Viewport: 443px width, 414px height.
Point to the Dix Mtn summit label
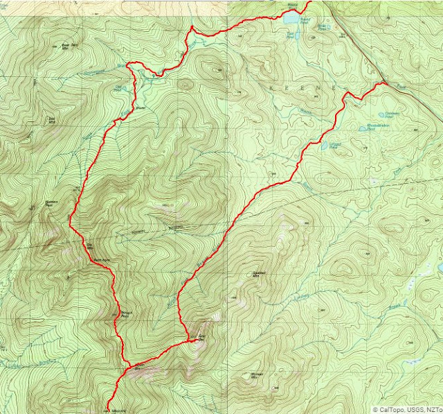89,245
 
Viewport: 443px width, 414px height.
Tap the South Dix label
138,365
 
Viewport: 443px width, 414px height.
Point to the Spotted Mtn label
260,273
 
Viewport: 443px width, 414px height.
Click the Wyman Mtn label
257,379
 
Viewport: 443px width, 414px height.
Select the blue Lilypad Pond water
325,146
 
